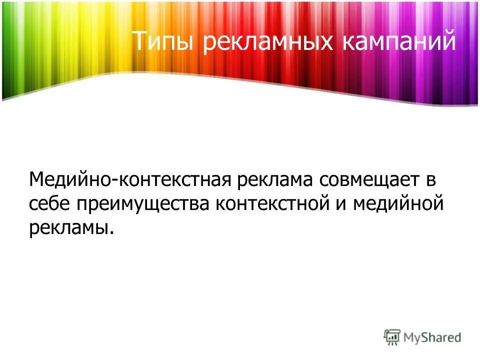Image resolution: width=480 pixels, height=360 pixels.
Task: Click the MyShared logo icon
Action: coord(392,337)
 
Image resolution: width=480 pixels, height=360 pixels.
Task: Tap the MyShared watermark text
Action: coord(432,337)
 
